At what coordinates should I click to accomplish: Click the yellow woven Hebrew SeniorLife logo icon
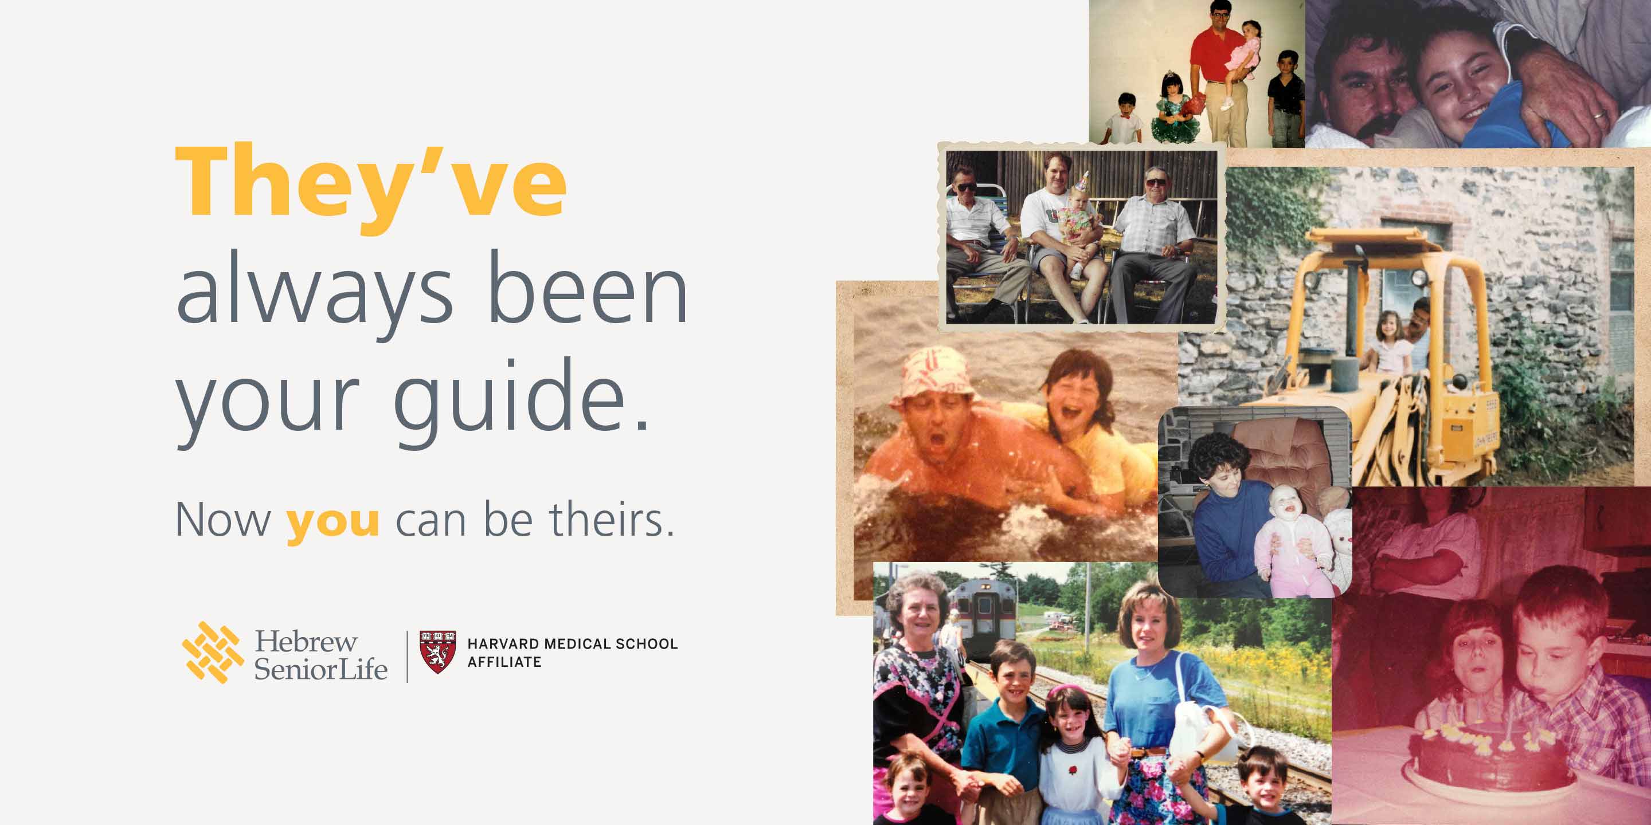[x=213, y=652]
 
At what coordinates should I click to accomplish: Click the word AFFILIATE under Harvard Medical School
[x=504, y=662]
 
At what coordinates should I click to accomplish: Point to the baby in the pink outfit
[x=1289, y=542]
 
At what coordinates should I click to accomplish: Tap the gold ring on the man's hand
[x=1598, y=115]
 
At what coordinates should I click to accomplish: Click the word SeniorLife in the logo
[x=320, y=669]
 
